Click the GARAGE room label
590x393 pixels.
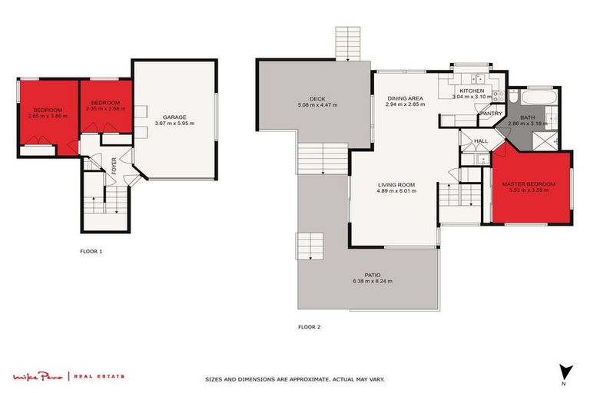click(174, 117)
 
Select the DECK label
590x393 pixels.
click(317, 98)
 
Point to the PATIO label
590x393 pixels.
click(373, 275)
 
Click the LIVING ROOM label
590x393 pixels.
click(396, 184)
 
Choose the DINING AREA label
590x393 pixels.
click(405, 98)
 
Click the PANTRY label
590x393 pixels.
click(490, 114)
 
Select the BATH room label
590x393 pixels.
click(527, 117)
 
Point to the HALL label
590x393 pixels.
click(482, 141)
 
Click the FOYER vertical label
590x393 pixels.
click(114, 166)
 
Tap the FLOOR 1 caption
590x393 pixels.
click(91, 251)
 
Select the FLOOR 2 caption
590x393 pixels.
click(309, 327)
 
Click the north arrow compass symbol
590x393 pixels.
click(565, 372)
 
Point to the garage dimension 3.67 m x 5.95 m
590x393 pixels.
click(174, 124)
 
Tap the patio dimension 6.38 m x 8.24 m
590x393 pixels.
click(373, 282)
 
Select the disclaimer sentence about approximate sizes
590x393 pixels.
click(295, 379)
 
